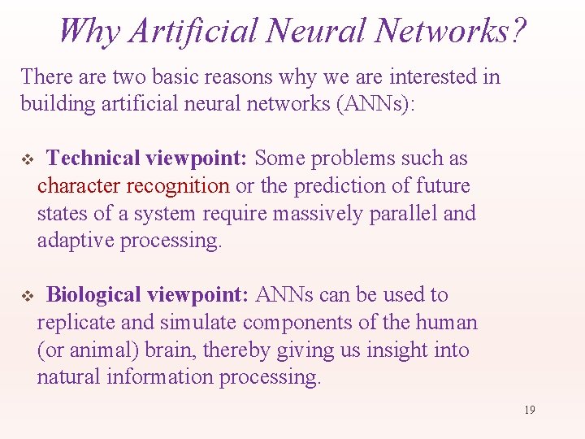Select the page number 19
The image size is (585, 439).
(529, 410)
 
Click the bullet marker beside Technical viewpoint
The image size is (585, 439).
(25, 159)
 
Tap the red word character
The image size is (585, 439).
(79, 186)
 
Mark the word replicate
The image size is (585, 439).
(76, 323)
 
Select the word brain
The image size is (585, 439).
(172, 350)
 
